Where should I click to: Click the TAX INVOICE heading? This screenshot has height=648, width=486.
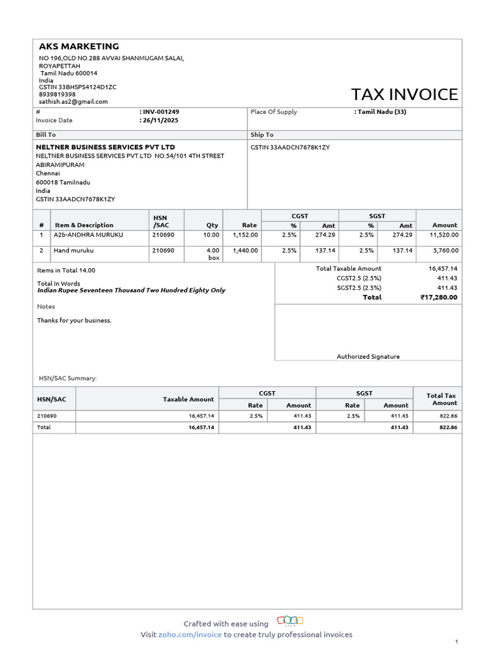coord(404,94)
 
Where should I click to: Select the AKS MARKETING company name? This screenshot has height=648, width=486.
coord(79,46)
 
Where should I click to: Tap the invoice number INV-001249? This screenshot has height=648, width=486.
coord(160,111)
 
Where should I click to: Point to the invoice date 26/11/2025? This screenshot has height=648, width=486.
coord(161,120)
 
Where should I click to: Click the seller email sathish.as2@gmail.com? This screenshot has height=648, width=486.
coord(73,101)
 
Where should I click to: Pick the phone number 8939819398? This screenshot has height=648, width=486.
coord(58,94)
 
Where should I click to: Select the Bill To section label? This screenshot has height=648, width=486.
coord(46,135)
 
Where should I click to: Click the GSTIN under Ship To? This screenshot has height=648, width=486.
coord(290,147)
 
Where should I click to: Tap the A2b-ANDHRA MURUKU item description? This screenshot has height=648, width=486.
coord(89,235)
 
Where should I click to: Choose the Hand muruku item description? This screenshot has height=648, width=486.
coord(73,251)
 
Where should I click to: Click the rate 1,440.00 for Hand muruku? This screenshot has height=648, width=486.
coord(246,251)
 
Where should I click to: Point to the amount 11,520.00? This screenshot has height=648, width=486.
coord(444,235)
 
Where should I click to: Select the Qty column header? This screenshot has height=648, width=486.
coord(212,225)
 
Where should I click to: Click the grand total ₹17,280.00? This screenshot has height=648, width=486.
coord(439,297)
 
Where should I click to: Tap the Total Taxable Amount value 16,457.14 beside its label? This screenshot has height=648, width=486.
coord(443,269)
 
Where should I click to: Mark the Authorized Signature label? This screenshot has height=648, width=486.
coord(368,356)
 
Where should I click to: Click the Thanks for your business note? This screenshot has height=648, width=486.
coord(74,320)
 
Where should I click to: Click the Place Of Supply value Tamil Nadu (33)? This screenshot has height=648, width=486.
coord(382,112)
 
